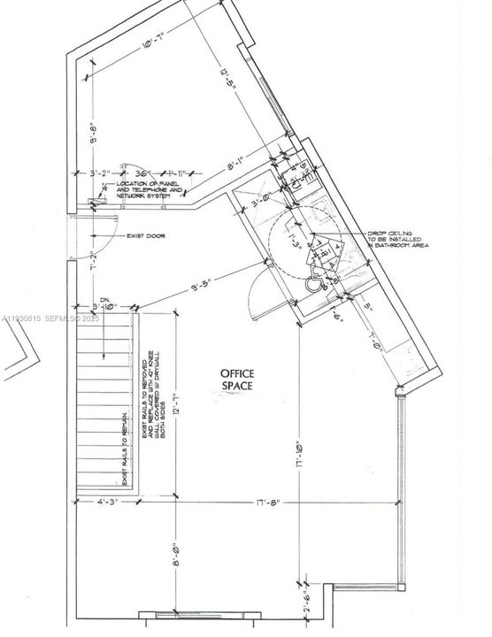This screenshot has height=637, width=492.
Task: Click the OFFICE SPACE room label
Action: click(x=237, y=380)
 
